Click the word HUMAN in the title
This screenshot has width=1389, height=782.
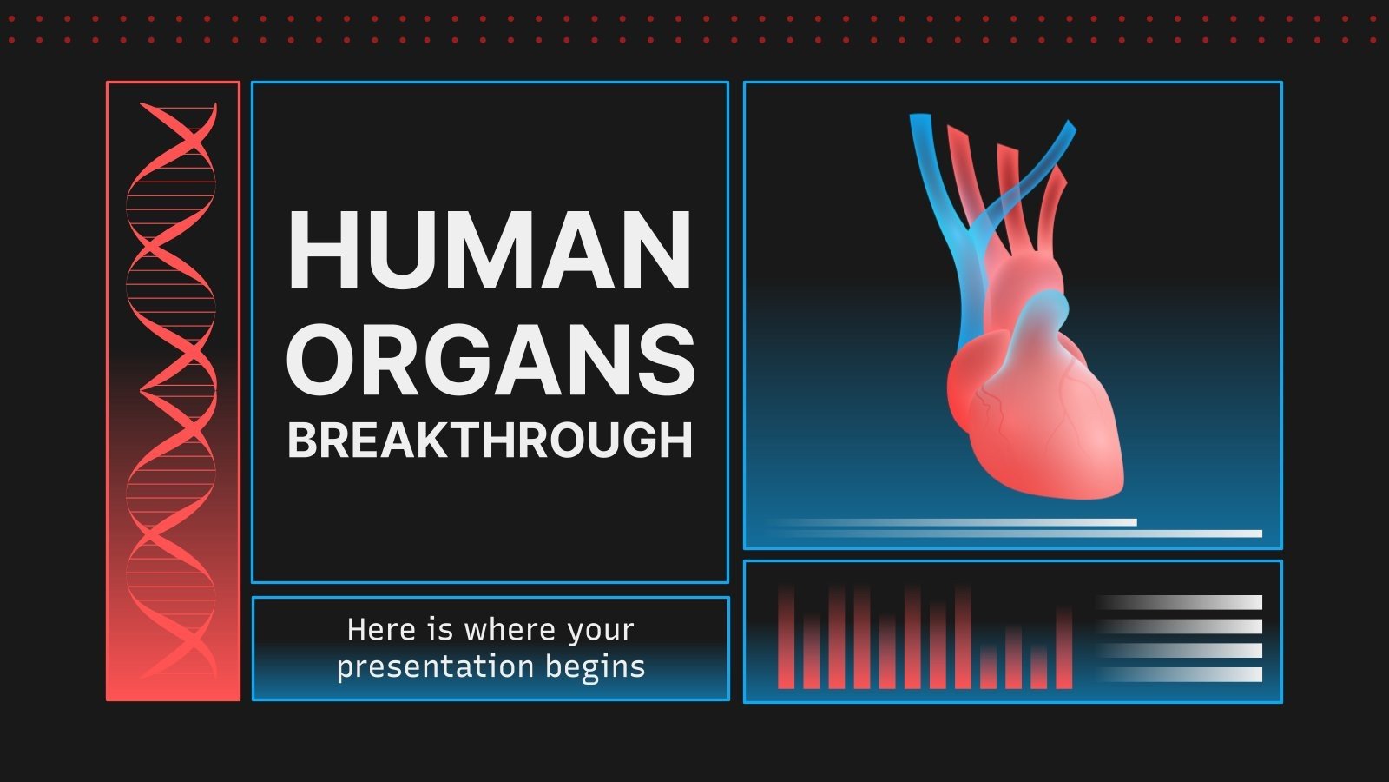pyautogui.click(x=490, y=250)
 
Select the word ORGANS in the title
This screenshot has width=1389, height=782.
pyautogui.click(x=490, y=358)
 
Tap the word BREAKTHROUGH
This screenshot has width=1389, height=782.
pyautogui.click(x=490, y=440)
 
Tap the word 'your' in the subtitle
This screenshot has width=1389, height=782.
pyautogui.click(x=600, y=629)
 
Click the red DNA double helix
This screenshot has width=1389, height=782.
pyautogui.click(x=172, y=391)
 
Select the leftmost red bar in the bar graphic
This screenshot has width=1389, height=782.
pyautogui.click(x=786, y=639)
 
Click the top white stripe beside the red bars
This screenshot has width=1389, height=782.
pyautogui.click(x=1181, y=602)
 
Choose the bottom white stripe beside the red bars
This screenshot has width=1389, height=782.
pyautogui.click(x=1181, y=674)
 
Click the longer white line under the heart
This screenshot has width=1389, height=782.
pyautogui.click(x=1016, y=533)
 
